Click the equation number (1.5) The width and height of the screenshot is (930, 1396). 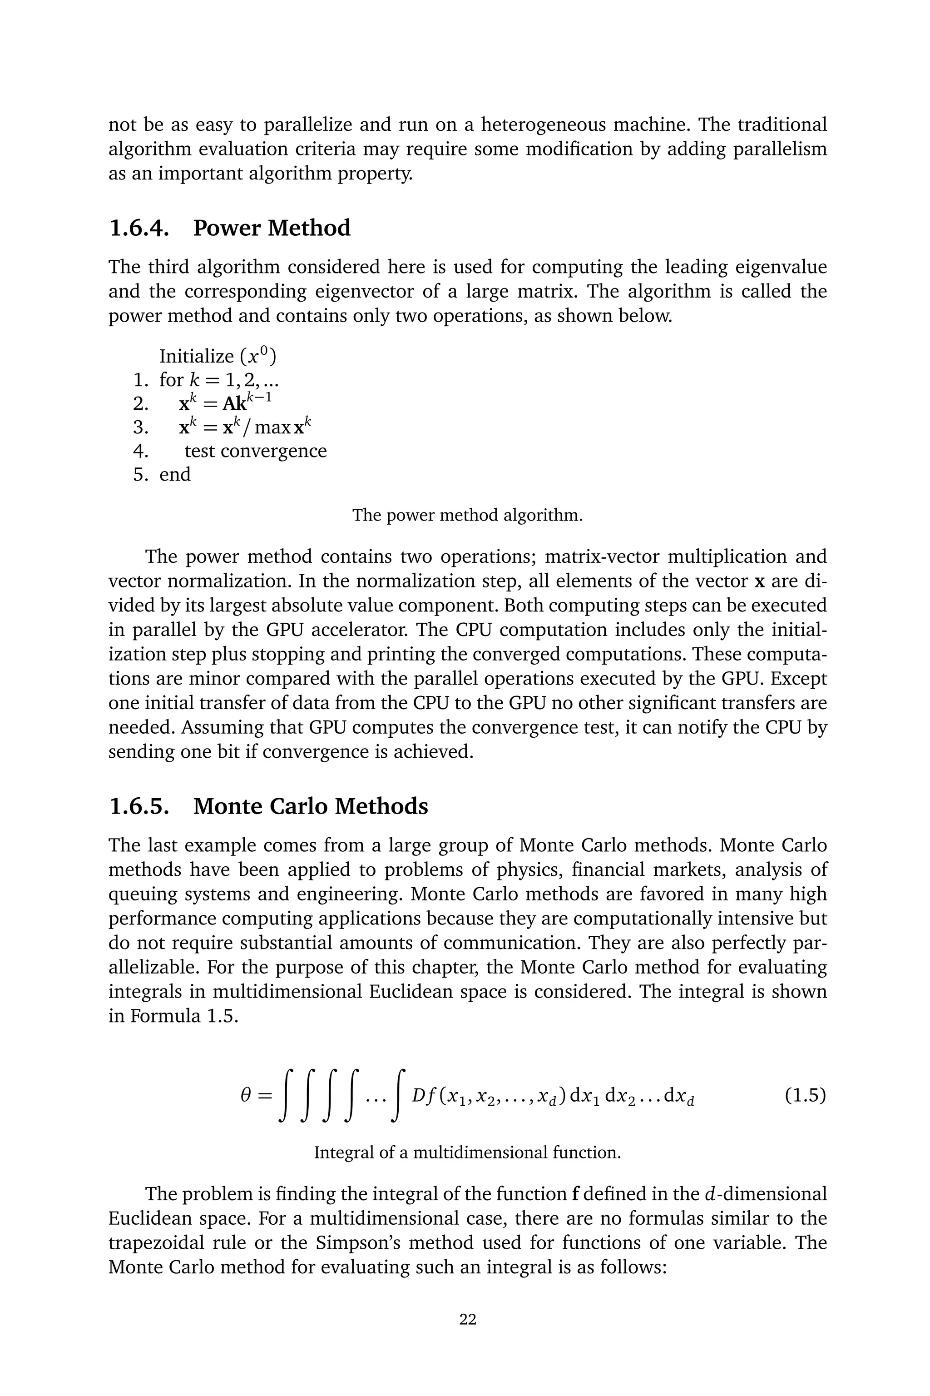pyautogui.click(x=805, y=1095)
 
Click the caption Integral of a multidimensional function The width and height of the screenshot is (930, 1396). pyautogui.click(x=467, y=1153)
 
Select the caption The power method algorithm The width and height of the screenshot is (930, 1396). pyautogui.click(x=467, y=515)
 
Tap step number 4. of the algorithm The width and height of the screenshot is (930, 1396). pyautogui.click(x=141, y=451)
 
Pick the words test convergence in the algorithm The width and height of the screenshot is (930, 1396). pyautogui.click(x=256, y=451)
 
